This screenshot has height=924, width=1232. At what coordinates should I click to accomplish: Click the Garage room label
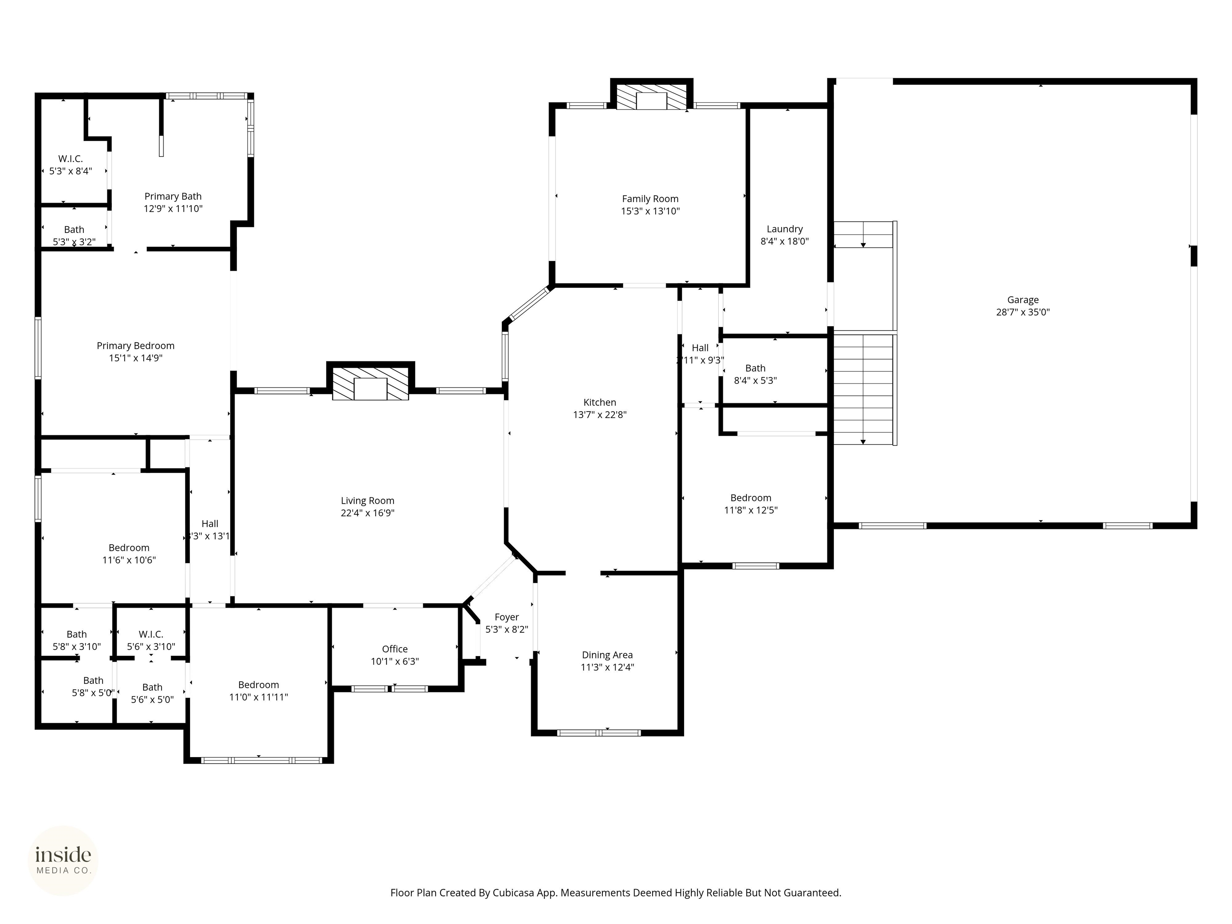(x=1023, y=300)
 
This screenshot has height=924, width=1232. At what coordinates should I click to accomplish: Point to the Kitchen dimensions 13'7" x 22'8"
(x=600, y=414)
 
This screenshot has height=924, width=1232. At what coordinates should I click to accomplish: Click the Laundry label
(x=784, y=229)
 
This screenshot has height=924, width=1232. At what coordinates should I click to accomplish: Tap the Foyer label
(x=506, y=617)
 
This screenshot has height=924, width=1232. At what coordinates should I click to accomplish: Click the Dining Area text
(x=607, y=655)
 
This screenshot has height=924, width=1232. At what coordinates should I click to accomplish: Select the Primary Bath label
(x=173, y=196)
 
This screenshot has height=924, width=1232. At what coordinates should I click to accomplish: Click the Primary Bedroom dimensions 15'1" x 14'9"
(x=135, y=358)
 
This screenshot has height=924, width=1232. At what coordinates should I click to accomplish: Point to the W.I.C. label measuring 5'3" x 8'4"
(x=71, y=159)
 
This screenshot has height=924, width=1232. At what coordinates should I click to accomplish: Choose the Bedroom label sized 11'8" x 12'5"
(x=751, y=498)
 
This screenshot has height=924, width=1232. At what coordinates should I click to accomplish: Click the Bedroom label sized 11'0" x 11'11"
(x=258, y=685)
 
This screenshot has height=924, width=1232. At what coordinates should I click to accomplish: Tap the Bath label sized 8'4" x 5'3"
(x=755, y=368)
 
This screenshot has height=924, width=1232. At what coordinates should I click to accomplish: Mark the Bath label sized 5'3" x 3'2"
(x=74, y=229)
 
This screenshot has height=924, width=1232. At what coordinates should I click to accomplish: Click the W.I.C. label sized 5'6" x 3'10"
(x=151, y=634)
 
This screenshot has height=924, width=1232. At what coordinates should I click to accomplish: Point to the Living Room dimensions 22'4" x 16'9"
(x=368, y=513)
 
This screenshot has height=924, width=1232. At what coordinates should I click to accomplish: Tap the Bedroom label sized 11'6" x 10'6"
(x=129, y=547)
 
